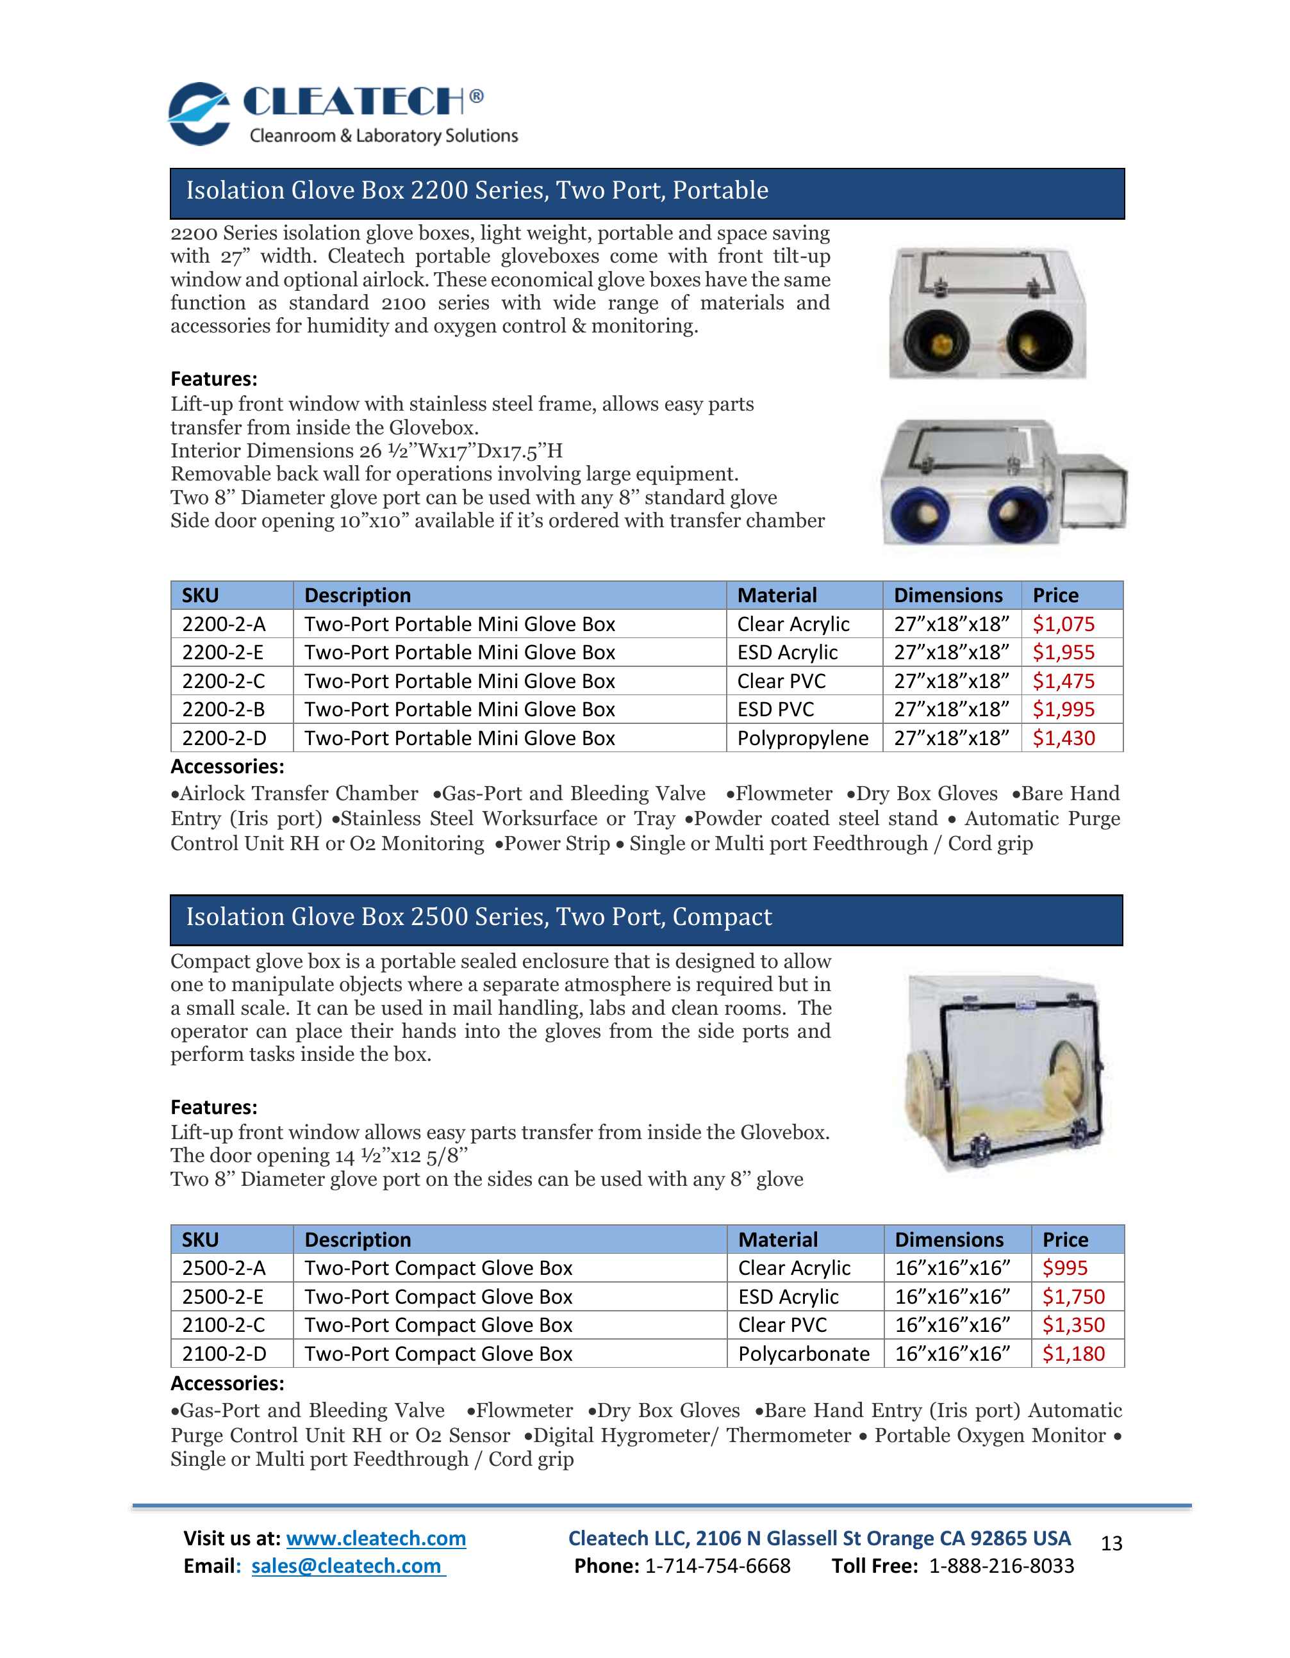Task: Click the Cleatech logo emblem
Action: click(199, 114)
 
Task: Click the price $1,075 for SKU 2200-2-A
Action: click(1063, 624)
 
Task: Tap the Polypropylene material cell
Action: click(802, 738)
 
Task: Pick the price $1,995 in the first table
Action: click(1063, 710)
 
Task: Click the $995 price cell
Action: click(1064, 1268)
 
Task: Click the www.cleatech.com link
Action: click(376, 1538)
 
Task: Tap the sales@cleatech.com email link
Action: click(348, 1566)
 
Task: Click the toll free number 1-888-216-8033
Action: click(1002, 1566)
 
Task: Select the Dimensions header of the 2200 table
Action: click(948, 595)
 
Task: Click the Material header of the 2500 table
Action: click(778, 1240)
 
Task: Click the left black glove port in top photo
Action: click(937, 345)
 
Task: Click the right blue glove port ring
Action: click(1018, 514)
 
